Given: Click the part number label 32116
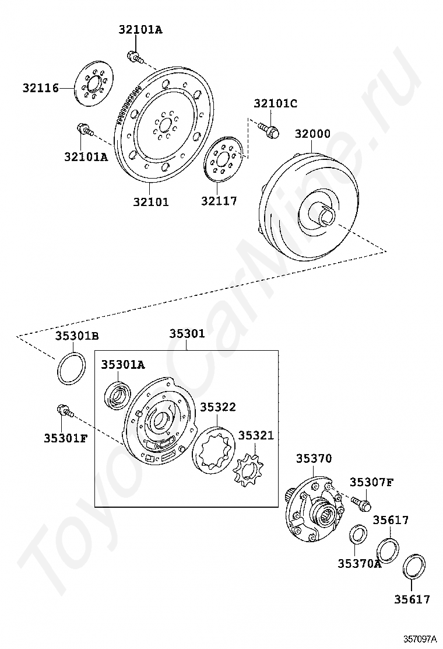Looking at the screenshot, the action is click(x=40, y=88).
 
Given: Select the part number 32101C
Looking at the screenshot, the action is click(x=276, y=103).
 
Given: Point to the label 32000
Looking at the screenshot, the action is click(x=312, y=134).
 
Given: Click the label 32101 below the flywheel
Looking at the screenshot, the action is click(x=151, y=202).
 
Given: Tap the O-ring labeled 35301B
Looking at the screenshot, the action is click(x=72, y=368).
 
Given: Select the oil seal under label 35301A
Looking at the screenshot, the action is click(x=118, y=395).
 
